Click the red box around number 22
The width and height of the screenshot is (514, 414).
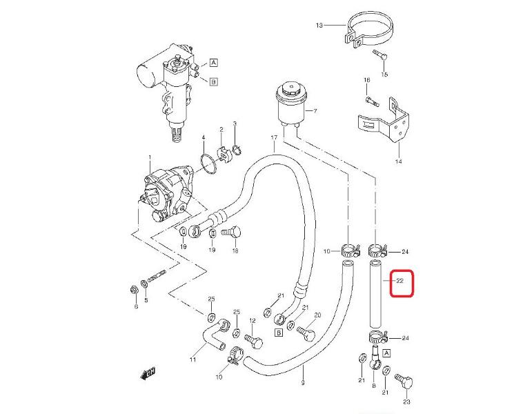coord(402,283)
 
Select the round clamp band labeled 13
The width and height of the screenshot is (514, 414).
coord(373,28)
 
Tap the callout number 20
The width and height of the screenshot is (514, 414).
coord(317,315)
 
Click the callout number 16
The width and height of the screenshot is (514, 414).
coord(367,81)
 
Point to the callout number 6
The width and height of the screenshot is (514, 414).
coord(135,306)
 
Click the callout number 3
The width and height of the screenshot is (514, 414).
coord(235,124)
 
